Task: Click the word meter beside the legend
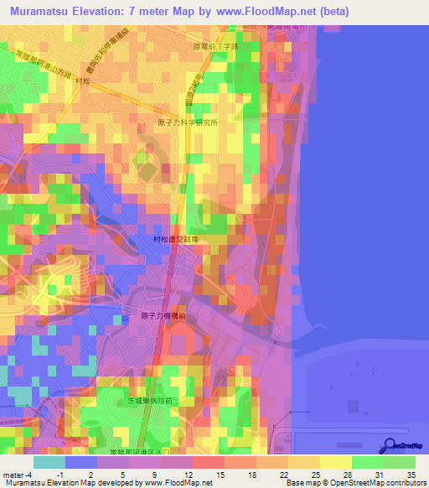tap(13, 475)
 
